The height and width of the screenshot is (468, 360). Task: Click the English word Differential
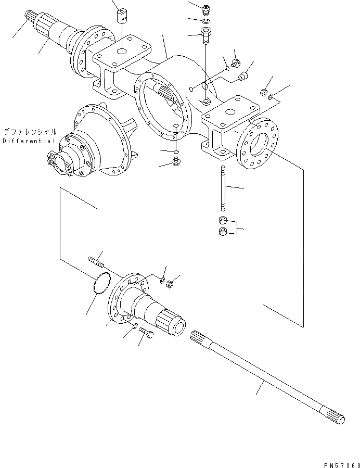pos(29,141)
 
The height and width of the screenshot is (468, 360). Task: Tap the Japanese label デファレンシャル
pos(29,132)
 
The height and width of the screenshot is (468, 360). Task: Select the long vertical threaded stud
pos(223,187)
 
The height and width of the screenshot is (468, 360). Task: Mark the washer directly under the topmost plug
pos(207,21)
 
